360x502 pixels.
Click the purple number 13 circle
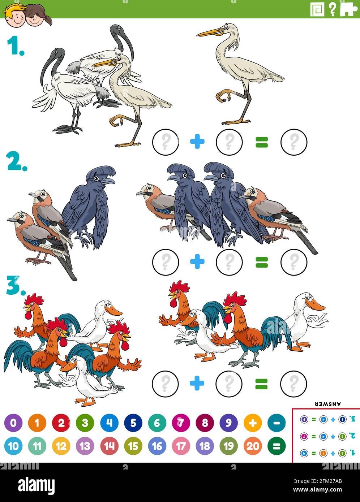click(85, 446)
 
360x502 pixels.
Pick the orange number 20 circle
click(253, 446)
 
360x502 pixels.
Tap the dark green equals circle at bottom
click(277, 446)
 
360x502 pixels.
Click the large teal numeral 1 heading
click(15, 46)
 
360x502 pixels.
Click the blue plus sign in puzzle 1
click(197, 142)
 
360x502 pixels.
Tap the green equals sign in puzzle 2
click(261, 262)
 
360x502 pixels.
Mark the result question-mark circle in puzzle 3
click(293, 383)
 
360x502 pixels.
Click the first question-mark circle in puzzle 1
click(166, 142)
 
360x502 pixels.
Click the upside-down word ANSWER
click(328, 404)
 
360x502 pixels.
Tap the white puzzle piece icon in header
click(348, 9)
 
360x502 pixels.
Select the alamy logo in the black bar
click(37, 485)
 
